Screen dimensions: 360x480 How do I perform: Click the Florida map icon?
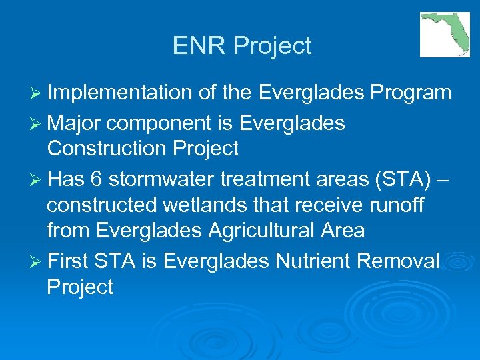point(445,35)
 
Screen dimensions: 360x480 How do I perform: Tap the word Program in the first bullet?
point(413,93)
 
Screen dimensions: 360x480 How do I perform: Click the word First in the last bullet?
point(70,261)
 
